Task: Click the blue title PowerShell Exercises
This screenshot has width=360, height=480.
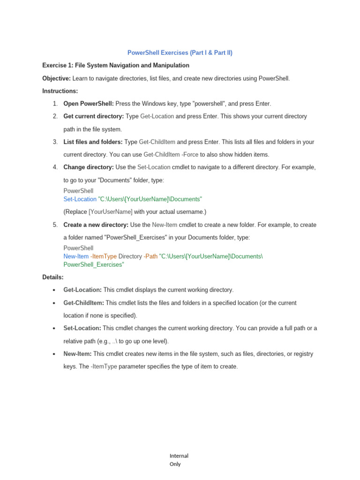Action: coord(180,53)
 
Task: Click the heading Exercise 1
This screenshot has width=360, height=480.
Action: coord(116,65)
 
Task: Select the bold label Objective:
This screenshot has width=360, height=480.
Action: coord(56,78)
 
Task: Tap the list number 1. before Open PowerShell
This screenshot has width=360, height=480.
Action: coord(55,104)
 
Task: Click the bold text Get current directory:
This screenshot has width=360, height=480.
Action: coord(94,116)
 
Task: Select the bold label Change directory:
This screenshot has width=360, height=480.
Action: coord(89,167)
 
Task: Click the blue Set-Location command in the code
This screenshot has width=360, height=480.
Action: coord(80,199)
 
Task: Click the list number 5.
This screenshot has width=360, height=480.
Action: coord(55,225)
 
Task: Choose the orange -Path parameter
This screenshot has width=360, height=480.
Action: coord(151,256)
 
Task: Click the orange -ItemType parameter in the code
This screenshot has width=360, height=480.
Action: coord(104,256)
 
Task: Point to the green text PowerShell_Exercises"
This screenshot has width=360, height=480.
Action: coord(94,264)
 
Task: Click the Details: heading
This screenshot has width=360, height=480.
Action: coord(52,277)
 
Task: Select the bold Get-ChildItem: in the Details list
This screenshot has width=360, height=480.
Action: coord(83,303)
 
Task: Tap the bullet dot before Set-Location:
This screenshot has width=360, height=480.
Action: coord(55,328)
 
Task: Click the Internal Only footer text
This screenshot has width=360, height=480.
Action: coord(179,460)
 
